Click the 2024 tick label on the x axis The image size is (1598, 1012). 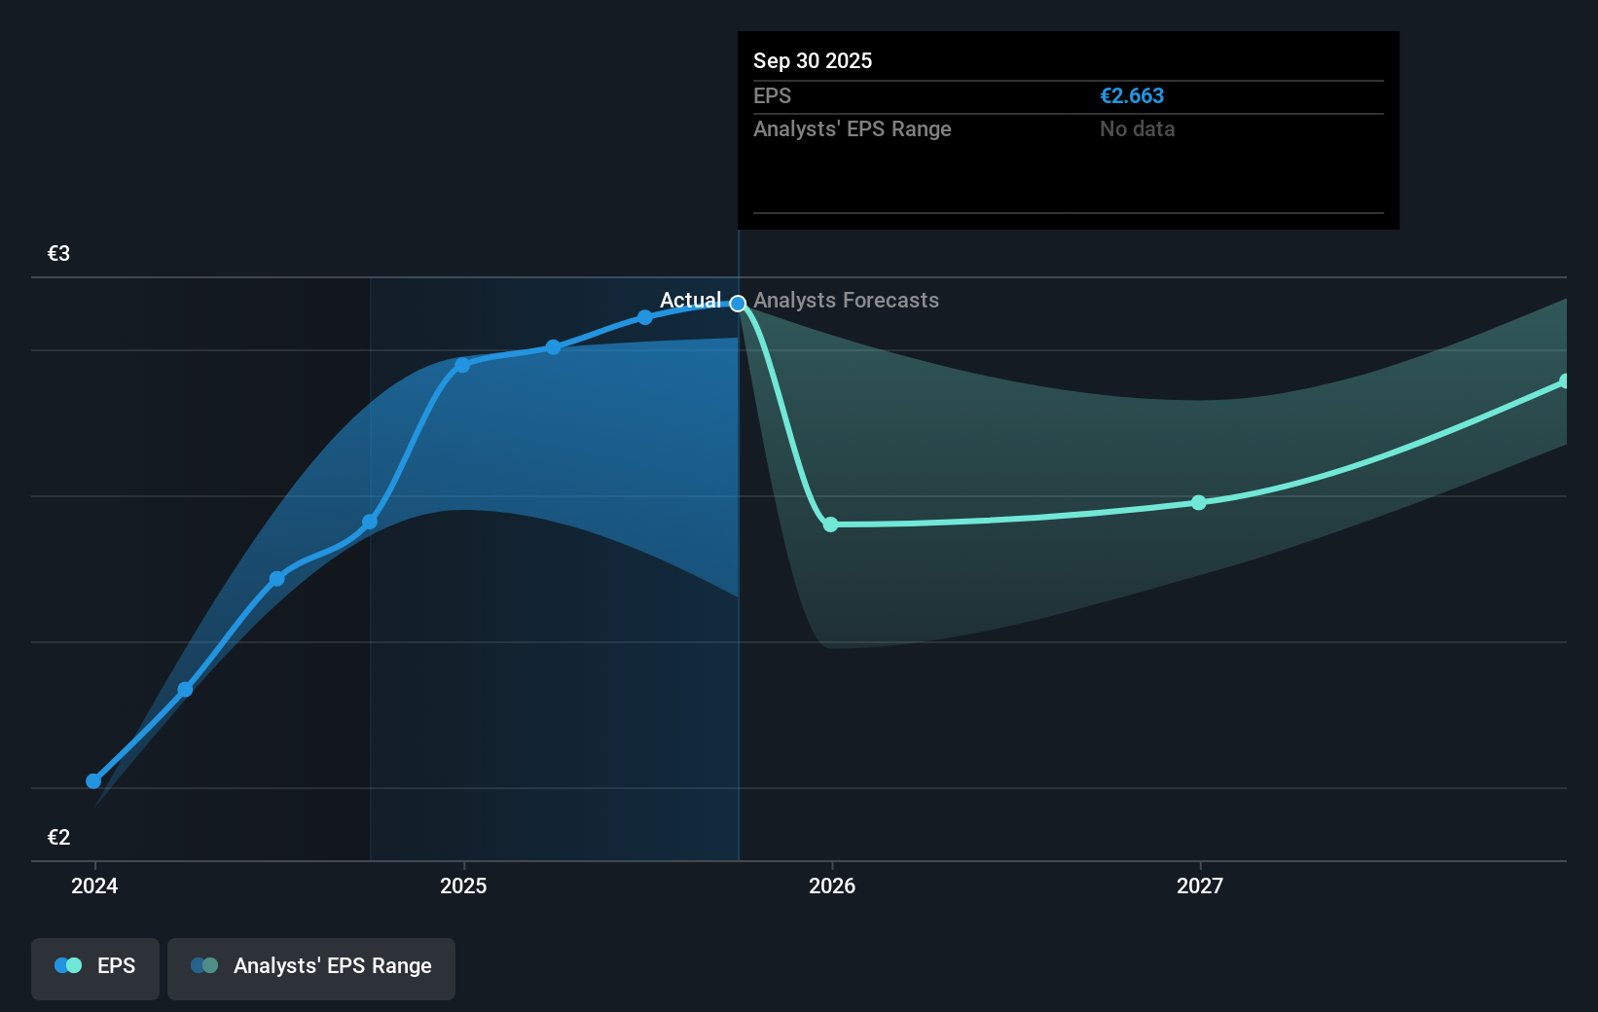[94, 885]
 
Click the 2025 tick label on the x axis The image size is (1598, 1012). [463, 885]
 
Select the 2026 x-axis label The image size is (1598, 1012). [832, 885]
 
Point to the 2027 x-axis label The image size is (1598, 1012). [1200, 885]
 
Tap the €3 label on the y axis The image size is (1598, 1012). [58, 254]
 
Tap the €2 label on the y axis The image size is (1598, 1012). [58, 838]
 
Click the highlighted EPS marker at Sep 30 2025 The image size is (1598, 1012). [739, 304]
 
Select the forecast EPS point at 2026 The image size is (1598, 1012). [830, 524]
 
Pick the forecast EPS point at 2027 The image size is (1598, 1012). [1199, 503]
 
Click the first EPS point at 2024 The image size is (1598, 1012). [93, 780]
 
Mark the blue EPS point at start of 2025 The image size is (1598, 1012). [463, 365]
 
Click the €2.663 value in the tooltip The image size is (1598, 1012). [1132, 96]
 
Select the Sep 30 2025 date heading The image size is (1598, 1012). [813, 61]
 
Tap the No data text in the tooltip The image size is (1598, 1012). [1137, 129]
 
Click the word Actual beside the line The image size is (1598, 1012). [690, 300]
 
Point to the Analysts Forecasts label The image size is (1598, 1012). [846, 300]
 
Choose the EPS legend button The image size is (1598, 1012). [95, 966]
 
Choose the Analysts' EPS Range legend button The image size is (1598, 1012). [311, 966]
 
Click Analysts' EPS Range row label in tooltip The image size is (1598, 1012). [852, 129]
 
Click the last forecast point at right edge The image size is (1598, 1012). [1564, 381]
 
